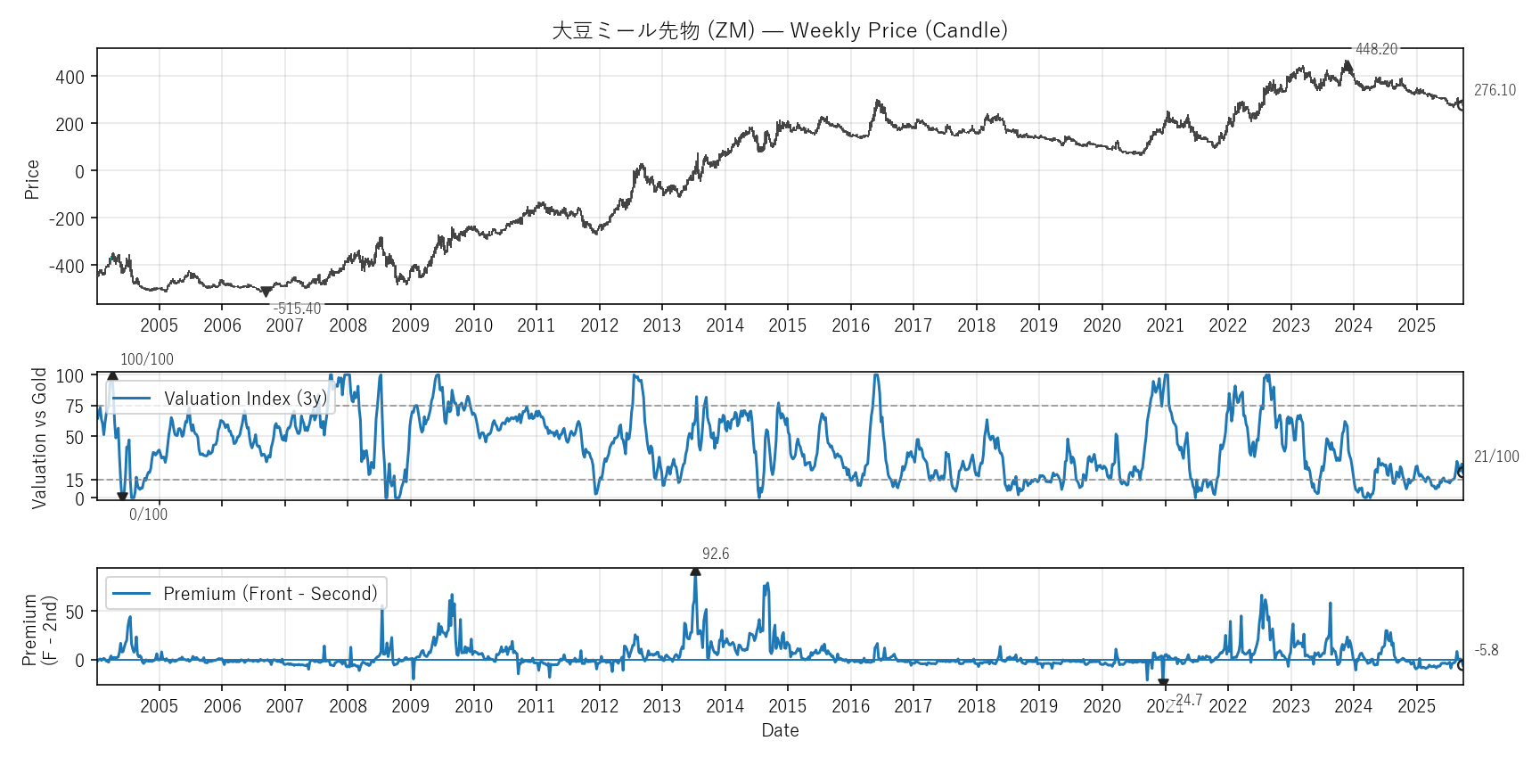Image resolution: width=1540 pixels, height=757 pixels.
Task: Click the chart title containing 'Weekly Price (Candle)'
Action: click(780, 30)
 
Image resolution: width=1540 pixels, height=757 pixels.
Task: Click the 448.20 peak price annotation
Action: click(1376, 49)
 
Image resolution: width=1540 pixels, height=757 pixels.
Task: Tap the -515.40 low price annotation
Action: click(297, 309)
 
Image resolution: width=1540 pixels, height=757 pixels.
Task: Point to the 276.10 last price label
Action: click(1495, 90)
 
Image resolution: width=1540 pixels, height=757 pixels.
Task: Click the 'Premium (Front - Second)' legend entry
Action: click(270, 594)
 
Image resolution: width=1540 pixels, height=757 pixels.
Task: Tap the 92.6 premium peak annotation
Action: click(715, 554)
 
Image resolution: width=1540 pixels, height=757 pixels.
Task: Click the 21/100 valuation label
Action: click(1496, 457)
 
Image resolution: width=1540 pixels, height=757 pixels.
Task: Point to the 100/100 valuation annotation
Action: click(147, 359)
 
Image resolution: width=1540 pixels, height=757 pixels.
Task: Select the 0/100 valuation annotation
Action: click(148, 514)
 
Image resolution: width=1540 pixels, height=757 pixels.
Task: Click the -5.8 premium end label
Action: click(1487, 650)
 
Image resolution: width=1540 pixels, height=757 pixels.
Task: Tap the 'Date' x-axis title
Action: click(780, 730)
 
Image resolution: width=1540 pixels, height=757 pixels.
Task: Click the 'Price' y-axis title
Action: click(32, 179)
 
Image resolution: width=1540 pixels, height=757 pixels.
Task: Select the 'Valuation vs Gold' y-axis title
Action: click(39, 438)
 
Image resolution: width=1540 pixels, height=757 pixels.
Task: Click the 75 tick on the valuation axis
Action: click(75, 407)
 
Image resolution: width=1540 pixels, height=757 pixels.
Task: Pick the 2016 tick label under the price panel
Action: click(850, 325)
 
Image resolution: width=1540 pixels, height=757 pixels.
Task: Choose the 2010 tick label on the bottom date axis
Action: click(473, 706)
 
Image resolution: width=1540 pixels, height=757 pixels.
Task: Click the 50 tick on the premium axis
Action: click(75, 612)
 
